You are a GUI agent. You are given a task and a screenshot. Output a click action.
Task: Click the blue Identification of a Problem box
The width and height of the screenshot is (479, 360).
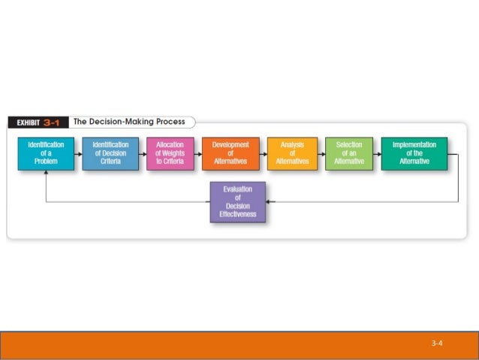coord(46,153)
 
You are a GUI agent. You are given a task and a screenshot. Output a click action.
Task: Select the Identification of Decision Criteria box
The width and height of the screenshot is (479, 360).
coord(110,153)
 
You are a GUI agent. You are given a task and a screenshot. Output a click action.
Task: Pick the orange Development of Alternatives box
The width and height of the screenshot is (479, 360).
coord(230,153)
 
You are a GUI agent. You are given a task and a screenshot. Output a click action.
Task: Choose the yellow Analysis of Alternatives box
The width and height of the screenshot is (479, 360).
coord(292,153)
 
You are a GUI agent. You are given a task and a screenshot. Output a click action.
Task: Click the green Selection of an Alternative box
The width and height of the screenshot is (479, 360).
coord(348,153)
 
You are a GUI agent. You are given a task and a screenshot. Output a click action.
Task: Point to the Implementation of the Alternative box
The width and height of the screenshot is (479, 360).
coord(414,153)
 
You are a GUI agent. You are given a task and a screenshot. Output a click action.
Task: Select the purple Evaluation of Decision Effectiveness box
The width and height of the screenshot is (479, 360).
coord(238,202)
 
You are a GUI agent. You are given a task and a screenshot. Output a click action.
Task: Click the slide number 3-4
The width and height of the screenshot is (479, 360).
coord(437,343)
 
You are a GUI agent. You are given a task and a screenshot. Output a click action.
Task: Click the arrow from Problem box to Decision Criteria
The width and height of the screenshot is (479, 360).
coord(78,153)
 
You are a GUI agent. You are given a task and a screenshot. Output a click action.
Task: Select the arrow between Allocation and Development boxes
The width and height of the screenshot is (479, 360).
coord(197,153)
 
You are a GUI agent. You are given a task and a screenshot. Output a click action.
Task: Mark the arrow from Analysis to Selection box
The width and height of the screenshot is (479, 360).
coord(321,153)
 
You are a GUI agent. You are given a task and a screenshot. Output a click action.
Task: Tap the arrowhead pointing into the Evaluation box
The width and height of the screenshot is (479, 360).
coord(270,202)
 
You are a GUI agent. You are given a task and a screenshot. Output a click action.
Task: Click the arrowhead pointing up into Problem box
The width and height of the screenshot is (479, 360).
coord(46,174)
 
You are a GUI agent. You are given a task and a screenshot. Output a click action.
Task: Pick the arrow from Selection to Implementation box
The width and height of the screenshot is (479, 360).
coord(377,153)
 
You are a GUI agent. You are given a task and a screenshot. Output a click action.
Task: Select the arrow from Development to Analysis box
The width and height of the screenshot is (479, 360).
coord(263,153)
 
